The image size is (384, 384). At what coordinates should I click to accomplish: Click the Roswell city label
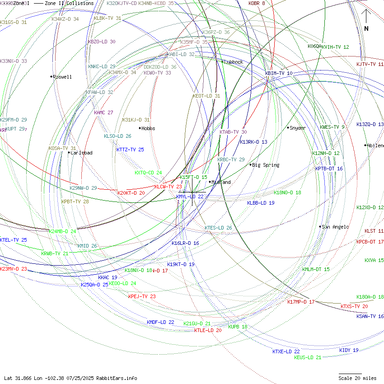[62, 77]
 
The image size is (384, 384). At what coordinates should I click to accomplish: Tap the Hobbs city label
[148, 128]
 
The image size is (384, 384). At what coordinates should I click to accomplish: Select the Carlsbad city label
[81, 153]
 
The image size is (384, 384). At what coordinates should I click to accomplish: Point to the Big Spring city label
[266, 165]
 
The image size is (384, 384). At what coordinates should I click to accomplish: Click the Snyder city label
[298, 128]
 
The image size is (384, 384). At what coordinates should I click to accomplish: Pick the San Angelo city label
[335, 227]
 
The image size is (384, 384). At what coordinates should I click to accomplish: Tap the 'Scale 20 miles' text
[357, 378]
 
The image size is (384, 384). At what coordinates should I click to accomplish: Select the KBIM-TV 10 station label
[279, 73]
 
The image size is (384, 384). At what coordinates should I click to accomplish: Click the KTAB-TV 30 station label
[233, 132]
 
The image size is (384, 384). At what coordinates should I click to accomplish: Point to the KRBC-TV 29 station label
[231, 159]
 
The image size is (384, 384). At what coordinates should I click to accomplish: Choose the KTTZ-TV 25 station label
[130, 150]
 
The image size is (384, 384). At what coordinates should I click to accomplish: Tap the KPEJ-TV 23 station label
[142, 296]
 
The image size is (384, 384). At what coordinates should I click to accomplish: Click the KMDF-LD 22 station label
[160, 322]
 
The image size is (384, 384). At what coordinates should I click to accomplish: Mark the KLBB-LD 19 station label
[261, 203]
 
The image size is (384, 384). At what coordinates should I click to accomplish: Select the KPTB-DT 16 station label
[329, 169]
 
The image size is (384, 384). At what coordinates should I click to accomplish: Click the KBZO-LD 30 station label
[101, 42]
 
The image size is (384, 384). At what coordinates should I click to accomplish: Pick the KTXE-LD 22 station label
[286, 351]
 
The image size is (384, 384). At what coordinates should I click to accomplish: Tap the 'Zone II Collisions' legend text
[69, 3]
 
